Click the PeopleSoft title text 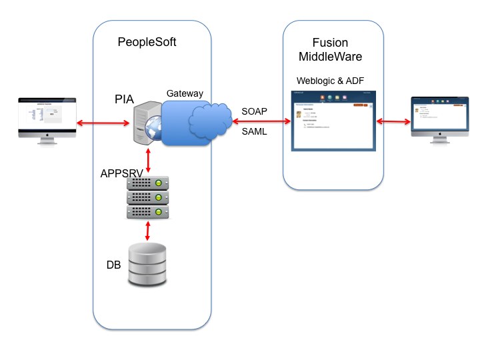[x=147, y=42]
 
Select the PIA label [x=124, y=99]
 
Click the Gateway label [x=185, y=93]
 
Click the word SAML [x=254, y=132]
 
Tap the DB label [x=114, y=265]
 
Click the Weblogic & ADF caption [x=331, y=81]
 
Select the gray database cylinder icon [x=147, y=265]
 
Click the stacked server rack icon [x=147, y=198]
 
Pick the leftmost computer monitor [x=47, y=120]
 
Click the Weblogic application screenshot [x=333, y=120]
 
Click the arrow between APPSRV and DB [x=147, y=231]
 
